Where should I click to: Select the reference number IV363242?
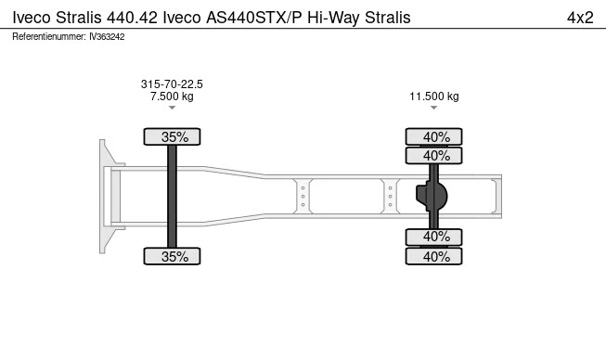107,36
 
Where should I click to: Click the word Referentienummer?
49,36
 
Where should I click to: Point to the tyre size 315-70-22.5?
172,84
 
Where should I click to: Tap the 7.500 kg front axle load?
172,96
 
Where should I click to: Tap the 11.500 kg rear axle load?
434,96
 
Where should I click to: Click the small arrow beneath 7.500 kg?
172,109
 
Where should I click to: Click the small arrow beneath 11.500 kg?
434,109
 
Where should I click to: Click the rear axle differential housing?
432,197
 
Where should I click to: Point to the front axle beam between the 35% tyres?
173,197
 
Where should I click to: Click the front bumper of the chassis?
106,197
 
